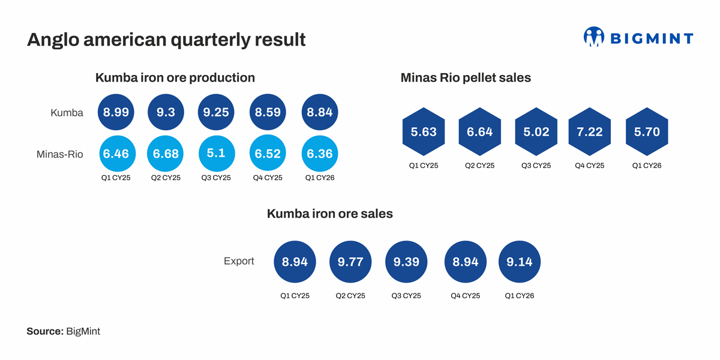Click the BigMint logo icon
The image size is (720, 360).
(x=593, y=37)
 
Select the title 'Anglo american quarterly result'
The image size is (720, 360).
(x=166, y=40)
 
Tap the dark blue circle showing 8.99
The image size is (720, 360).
(x=116, y=112)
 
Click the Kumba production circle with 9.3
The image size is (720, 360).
(x=166, y=112)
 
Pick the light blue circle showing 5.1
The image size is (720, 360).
(x=216, y=154)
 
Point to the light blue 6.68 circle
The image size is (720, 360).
(x=166, y=154)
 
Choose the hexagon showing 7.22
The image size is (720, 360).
(x=590, y=132)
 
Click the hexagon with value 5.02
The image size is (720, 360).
(x=536, y=132)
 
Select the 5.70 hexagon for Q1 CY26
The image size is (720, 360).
(x=647, y=132)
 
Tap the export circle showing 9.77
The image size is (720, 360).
(x=350, y=262)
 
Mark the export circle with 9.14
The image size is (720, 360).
(x=520, y=262)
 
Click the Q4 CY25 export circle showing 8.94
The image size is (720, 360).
(x=465, y=262)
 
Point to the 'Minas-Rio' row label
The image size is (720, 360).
(x=60, y=154)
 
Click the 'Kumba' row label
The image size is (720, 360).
(x=67, y=112)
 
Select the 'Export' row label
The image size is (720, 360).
(x=239, y=261)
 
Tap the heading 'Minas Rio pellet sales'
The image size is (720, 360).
(x=465, y=77)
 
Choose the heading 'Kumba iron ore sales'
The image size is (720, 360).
(x=329, y=213)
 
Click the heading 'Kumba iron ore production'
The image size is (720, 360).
(x=175, y=77)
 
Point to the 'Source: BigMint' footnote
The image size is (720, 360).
(x=63, y=331)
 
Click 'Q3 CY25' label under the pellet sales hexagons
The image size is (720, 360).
(x=536, y=166)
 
